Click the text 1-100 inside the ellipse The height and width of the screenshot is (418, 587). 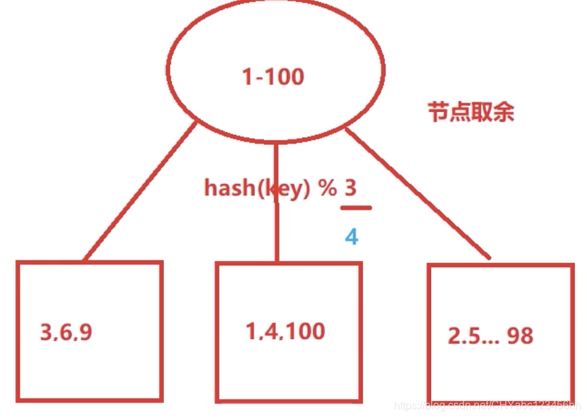273,77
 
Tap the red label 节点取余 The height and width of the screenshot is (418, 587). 471,112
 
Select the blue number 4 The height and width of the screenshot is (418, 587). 351,237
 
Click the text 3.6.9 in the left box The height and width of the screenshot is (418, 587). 66,332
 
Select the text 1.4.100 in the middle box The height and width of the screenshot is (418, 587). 285,331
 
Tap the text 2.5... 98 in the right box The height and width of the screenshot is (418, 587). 491,336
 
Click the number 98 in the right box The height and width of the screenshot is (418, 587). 520,336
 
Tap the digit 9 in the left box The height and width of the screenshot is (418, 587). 86,332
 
